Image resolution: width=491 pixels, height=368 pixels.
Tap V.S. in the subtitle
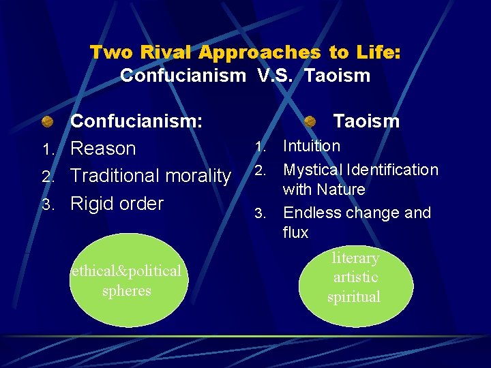tap(275, 75)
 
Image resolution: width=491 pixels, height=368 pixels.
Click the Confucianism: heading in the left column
tap(136, 121)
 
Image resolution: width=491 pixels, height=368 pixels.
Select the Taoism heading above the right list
tap(366, 121)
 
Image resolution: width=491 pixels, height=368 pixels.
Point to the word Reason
tap(103, 149)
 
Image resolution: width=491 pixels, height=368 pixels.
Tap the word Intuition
tap(312, 146)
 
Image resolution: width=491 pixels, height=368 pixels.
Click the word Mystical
tap(313, 169)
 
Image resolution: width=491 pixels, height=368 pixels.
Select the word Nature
tap(342, 189)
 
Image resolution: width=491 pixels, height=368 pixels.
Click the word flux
tap(295, 232)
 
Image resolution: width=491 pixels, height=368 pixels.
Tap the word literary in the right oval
tap(355, 258)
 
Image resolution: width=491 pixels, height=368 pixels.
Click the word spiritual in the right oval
tap(354, 297)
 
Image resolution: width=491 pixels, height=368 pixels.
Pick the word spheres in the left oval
tap(126, 290)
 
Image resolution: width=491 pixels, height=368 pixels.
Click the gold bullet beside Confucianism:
tap(47, 122)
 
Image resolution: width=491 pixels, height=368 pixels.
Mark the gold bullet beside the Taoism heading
tap(310, 122)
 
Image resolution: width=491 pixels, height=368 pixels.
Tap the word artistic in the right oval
tap(355, 277)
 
